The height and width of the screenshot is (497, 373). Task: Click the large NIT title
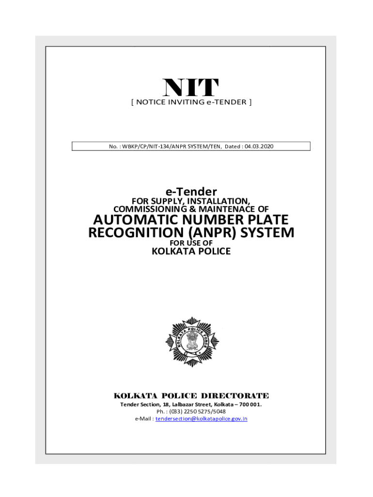click(191, 88)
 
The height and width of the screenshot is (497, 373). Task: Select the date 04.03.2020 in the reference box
click(259, 146)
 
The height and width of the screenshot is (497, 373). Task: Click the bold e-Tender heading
click(191, 192)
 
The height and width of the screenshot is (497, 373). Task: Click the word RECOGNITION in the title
click(135, 232)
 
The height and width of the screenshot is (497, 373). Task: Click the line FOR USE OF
click(191, 243)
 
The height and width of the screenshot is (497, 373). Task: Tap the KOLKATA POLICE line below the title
click(191, 251)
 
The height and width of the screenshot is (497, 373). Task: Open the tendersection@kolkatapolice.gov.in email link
click(201, 419)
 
